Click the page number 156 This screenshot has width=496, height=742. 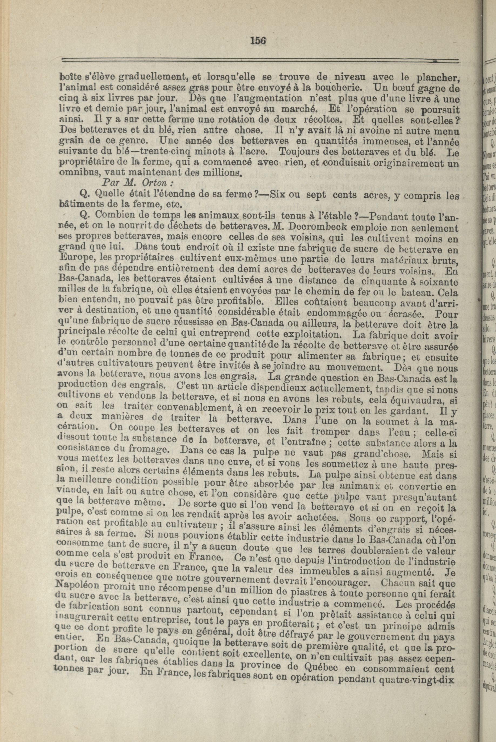(258, 41)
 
